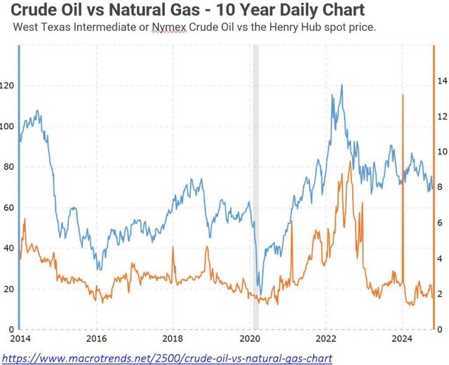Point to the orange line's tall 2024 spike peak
pyautogui.click(x=403, y=95)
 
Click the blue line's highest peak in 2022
pyautogui.click(x=342, y=85)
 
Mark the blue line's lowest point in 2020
pyautogui.click(x=261, y=295)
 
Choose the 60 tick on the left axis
pyautogui.click(x=8, y=208)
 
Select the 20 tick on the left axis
pyautogui.click(x=8, y=289)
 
